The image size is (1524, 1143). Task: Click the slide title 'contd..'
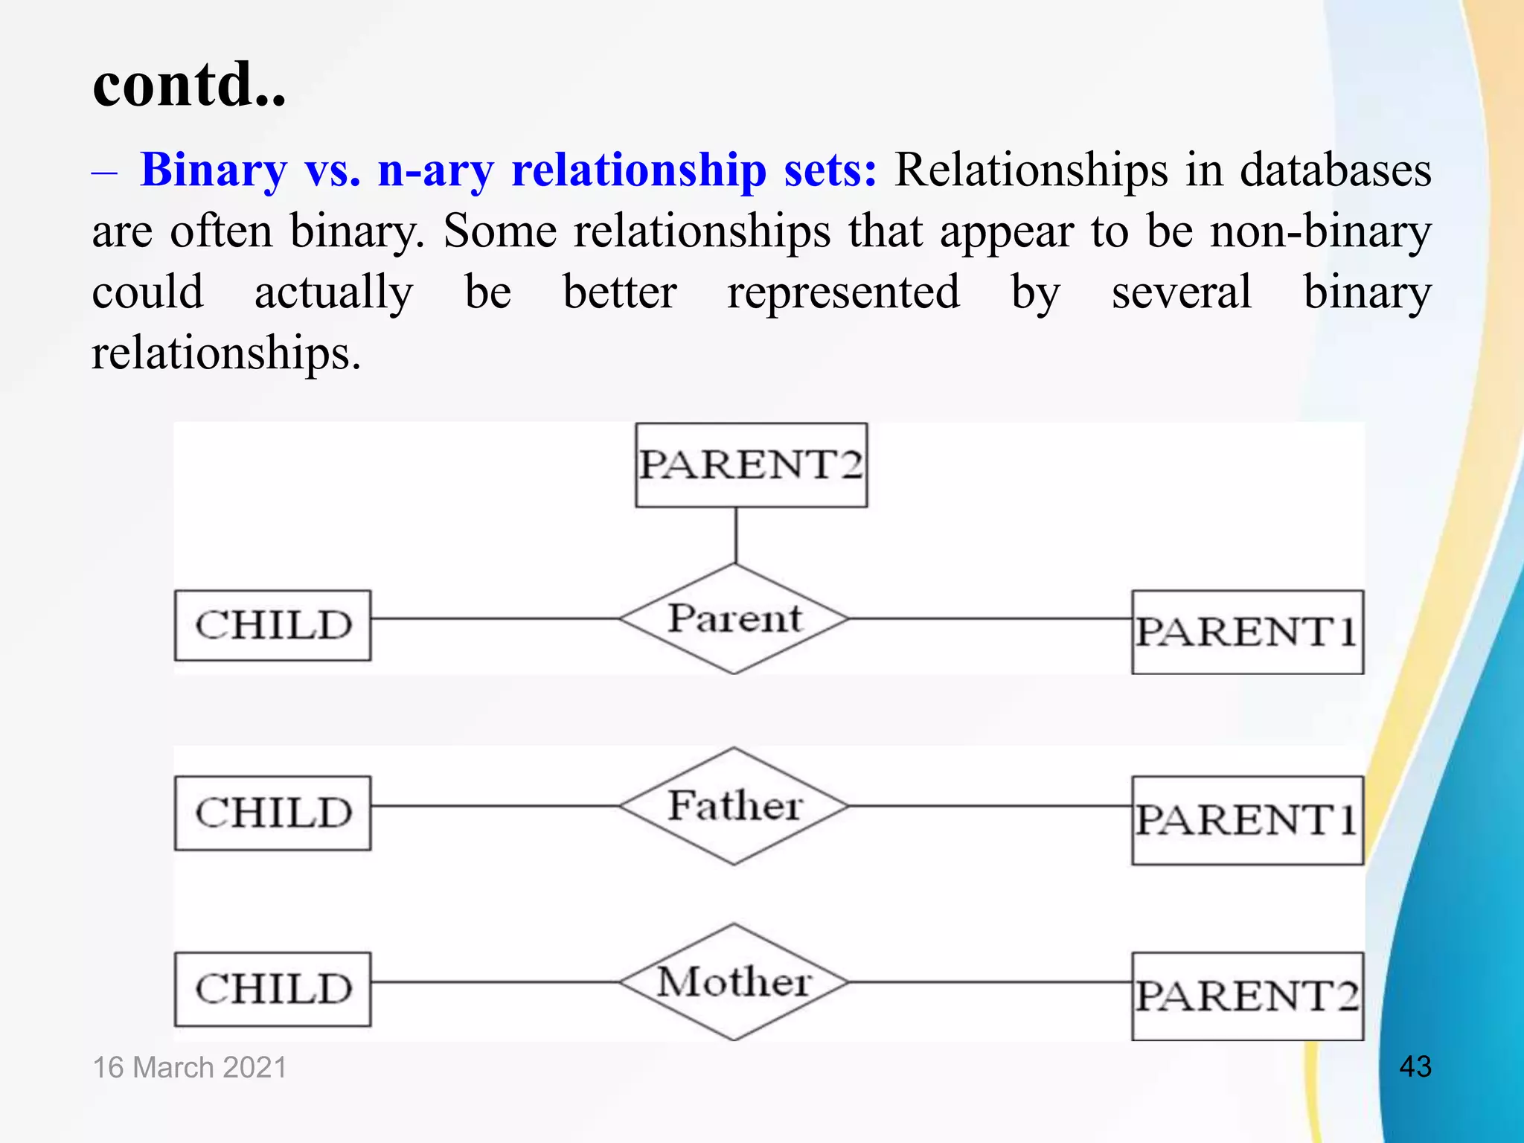click(189, 83)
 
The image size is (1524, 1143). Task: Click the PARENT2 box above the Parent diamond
click(751, 465)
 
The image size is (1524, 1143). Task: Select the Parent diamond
click(734, 618)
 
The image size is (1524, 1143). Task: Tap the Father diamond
click(734, 806)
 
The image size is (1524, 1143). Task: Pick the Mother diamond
click(734, 982)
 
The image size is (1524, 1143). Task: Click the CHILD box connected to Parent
click(272, 625)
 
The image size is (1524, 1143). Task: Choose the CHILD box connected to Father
click(272, 813)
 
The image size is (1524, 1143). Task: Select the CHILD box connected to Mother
click(272, 989)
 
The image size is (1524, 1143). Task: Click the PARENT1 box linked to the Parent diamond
click(1247, 632)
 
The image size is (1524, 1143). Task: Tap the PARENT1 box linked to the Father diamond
click(1247, 820)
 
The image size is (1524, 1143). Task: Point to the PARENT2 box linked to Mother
click(1247, 996)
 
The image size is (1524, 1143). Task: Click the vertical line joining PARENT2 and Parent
click(736, 535)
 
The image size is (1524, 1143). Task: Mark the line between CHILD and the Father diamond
click(495, 806)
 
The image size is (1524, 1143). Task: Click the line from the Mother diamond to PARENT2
click(990, 982)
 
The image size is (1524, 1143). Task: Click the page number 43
click(1415, 1066)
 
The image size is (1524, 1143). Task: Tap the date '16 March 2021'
click(190, 1067)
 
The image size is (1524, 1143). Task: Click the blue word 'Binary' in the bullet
click(214, 170)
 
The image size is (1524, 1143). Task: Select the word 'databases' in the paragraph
click(1336, 170)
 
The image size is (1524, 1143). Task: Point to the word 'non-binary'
click(1320, 231)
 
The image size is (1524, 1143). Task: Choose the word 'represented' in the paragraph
click(843, 292)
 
